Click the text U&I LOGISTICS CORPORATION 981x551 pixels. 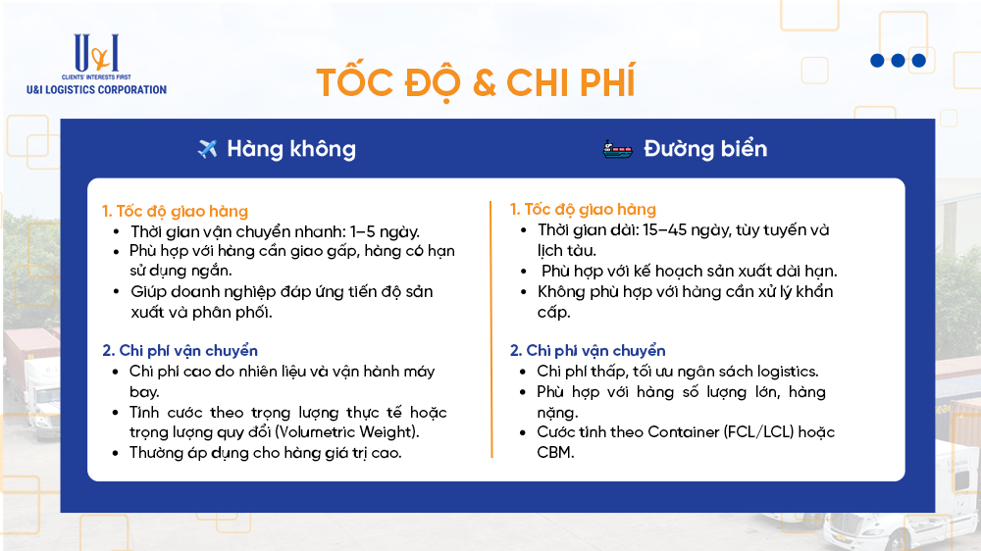pos(96,89)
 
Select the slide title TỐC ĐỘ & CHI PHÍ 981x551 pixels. pos(475,83)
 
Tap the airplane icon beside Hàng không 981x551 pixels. pos(207,149)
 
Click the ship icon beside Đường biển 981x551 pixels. pos(618,149)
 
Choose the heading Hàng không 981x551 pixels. pos(291,149)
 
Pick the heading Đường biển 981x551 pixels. pos(705,149)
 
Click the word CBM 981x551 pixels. pos(555,452)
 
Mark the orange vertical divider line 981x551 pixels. pos(490,328)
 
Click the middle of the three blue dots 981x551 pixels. pos(898,61)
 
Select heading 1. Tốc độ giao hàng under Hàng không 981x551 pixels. pos(175,211)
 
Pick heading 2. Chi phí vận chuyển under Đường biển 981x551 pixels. pos(587,350)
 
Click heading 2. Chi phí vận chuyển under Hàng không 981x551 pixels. pos(180,350)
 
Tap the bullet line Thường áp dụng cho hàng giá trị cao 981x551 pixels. pos(265,453)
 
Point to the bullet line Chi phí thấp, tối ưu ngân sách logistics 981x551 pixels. pos(677,372)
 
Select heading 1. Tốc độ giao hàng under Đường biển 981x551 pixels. pos(583,209)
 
